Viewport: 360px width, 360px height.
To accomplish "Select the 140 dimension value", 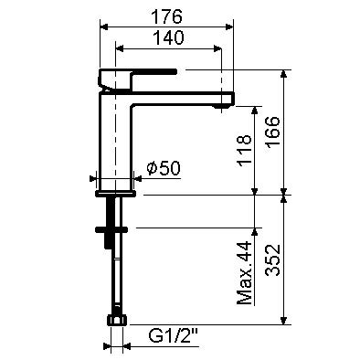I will coord(166,37).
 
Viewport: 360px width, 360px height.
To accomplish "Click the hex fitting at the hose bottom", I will coord(116,321).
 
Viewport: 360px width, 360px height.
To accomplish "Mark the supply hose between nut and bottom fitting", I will coord(115,274).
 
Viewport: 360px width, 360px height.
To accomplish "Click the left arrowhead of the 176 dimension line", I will coord(100,26).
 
